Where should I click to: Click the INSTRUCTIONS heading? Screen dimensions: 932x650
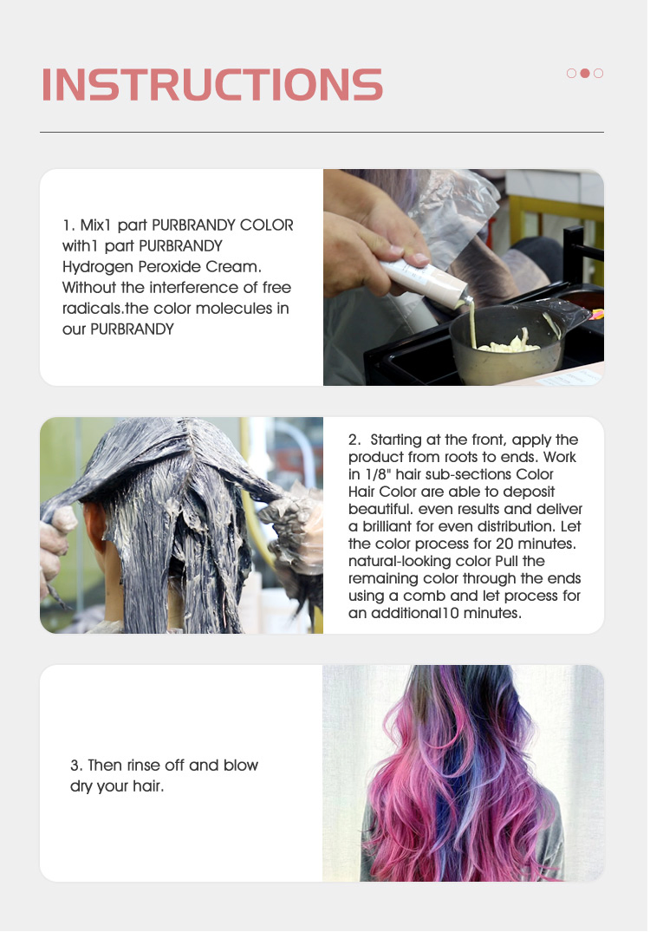point(212,84)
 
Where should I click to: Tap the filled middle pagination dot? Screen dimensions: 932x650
point(585,74)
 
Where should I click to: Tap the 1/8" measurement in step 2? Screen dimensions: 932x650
point(393,474)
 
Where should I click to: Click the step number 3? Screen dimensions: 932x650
point(75,766)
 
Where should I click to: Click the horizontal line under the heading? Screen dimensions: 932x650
point(322,133)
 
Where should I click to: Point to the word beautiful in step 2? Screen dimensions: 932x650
point(378,509)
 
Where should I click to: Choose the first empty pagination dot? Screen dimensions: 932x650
point(571,74)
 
